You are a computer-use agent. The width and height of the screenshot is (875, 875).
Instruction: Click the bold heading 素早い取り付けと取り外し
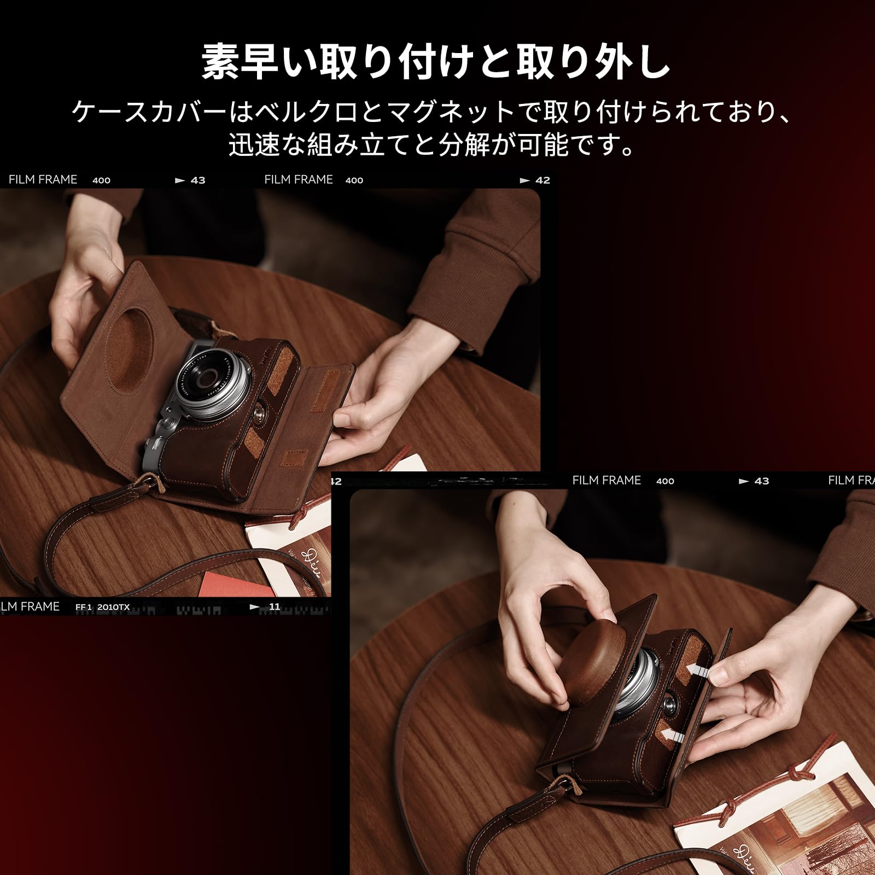point(436,62)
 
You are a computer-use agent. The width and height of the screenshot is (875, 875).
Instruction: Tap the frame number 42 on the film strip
point(542,180)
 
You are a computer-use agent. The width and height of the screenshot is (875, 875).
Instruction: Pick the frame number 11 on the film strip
point(274,606)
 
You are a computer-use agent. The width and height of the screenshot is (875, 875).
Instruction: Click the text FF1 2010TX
point(102,607)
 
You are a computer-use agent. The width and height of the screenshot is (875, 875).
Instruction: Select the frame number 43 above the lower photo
point(761,481)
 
